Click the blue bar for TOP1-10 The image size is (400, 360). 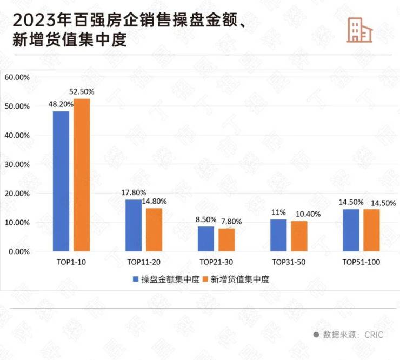pos(61,181)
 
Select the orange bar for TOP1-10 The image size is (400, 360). pos(82,175)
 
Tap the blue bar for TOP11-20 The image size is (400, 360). pos(134,225)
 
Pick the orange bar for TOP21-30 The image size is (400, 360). pos(226,240)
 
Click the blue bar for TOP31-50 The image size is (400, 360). pos(278,235)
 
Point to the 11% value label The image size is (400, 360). pos(279,212)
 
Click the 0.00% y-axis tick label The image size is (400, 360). pos(18,252)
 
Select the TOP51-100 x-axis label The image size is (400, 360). pos(362,262)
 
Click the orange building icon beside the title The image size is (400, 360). pos(359,29)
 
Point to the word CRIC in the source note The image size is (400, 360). pos(372,335)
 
